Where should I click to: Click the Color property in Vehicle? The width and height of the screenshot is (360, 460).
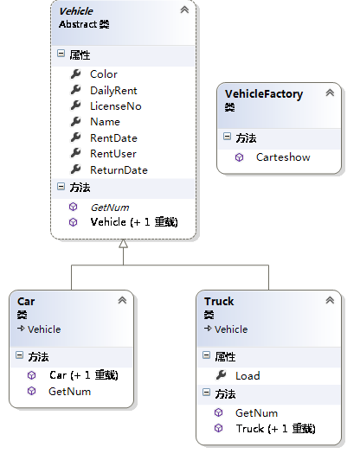point(103,74)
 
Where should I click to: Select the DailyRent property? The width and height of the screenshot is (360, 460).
point(113,91)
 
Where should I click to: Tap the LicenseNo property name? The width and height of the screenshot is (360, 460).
point(116,106)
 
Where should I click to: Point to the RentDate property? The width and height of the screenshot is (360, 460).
point(113,138)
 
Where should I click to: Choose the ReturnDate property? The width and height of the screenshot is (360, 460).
point(119,170)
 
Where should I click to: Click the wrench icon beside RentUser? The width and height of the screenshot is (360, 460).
point(75,153)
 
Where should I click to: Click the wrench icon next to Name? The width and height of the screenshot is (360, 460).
point(75,121)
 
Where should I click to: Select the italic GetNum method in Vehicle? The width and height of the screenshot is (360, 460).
point(110,208)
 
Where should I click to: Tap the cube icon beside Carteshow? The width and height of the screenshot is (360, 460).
point(240,157)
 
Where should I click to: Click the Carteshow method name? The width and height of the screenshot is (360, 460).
point(283,157)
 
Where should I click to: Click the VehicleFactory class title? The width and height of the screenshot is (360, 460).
point(264,94)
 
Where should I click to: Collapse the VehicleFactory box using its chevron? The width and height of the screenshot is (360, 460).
point(330,93)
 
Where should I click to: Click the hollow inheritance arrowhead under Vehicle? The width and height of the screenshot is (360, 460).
point(124,244)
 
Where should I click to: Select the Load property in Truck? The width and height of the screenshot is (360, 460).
point(247,376)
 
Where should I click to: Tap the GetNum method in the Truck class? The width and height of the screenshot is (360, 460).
point(256,413)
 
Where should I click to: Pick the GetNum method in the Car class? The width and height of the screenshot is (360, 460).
point(69,392)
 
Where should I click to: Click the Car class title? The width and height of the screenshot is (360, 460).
point(26,302)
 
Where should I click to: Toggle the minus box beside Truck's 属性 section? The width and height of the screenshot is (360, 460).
point(207,355)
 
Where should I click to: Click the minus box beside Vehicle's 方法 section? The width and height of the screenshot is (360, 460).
point(61,186)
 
